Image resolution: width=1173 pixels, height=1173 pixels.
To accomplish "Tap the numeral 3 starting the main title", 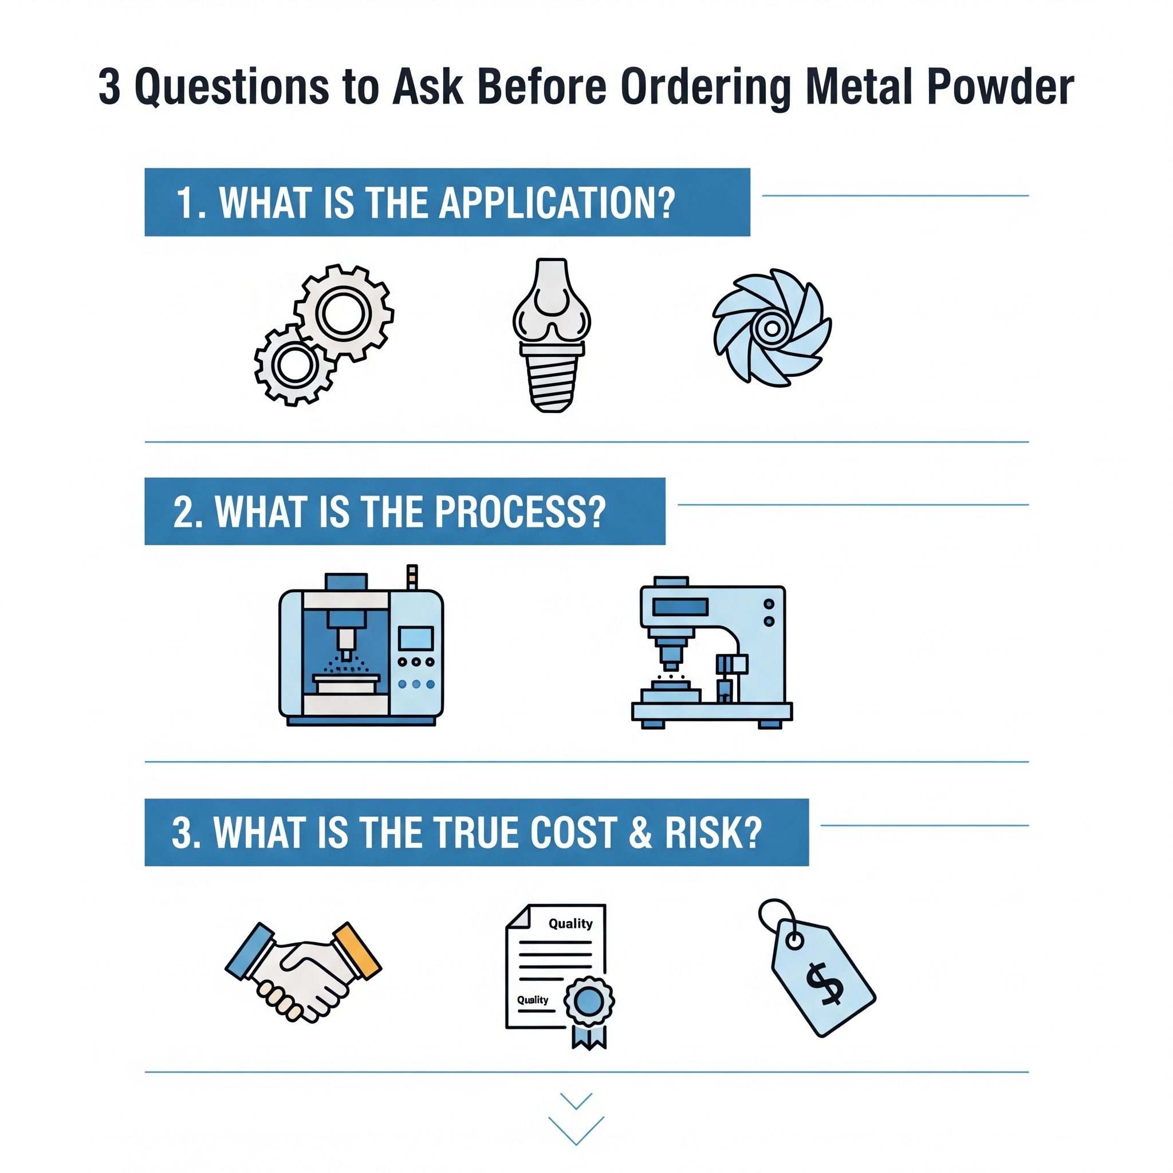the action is (x=109, y=86).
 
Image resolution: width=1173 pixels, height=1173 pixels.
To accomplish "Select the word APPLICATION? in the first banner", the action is (x=557, y=202).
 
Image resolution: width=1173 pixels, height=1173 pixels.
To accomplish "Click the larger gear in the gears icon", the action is (x=344, y=313).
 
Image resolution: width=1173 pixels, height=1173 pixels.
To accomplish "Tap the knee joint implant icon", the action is (x=552, y=335).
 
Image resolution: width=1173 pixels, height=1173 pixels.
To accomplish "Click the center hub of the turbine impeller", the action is (x=771, y=328).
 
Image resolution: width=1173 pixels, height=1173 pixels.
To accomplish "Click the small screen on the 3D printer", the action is (x=415, y=639).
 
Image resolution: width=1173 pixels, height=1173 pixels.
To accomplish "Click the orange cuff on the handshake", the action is (x=357, y=951).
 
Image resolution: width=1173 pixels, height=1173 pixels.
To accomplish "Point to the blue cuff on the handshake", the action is (x=250, y=951).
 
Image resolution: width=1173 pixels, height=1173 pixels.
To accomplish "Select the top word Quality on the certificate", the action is (x=570, y=923).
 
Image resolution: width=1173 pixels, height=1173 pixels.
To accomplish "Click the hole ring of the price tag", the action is (x=794, y=940).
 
